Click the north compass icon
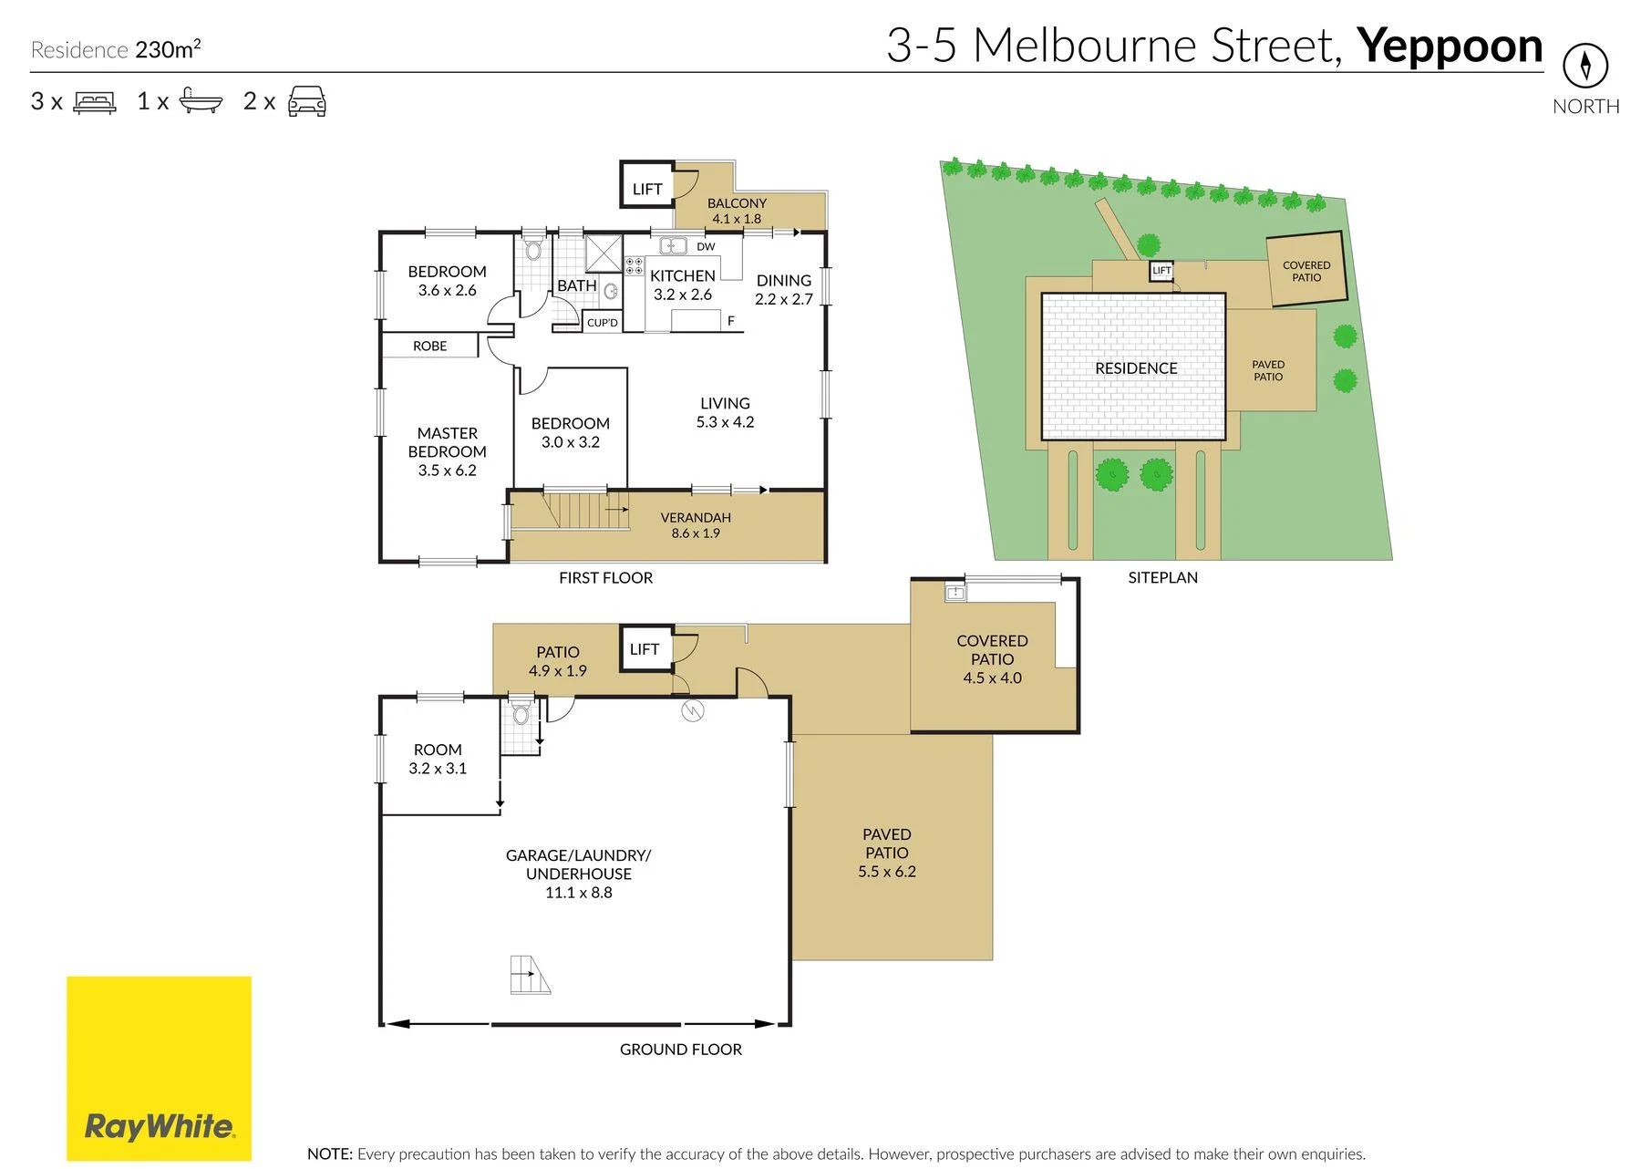1585,66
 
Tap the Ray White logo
159,1068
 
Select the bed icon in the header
95,101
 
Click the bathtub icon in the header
201,100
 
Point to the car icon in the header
307,101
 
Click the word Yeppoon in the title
1450,47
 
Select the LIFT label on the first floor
647,189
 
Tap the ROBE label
429,346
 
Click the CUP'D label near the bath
603,323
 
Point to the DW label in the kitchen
706,246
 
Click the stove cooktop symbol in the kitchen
634,265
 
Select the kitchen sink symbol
673,245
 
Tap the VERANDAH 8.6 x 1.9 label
696,525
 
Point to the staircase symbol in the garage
530,975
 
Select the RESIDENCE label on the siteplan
1136,368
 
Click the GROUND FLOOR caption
681,1050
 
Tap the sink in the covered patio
955,593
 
